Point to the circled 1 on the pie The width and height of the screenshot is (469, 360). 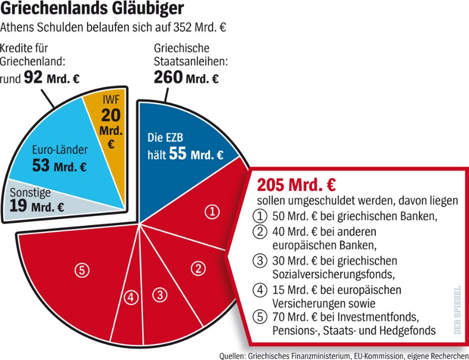pos(212,210)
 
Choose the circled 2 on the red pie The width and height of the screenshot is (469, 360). pos(198,269)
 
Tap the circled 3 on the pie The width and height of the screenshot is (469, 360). pos(160,295)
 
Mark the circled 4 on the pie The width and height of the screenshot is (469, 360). pos(131,298)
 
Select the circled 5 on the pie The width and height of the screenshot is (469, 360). pos(82,270)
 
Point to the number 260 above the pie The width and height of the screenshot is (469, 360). pos(168,78)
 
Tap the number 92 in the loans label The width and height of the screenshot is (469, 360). pos(34,78)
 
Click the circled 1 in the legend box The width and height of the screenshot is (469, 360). pos(259,216)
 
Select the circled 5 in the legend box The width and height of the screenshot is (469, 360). pos(259,317)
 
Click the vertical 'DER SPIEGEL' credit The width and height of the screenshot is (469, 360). pos(456,309)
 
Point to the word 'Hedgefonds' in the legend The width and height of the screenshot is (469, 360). pos(411,330)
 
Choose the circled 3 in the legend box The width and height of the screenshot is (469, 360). pos(259,260)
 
